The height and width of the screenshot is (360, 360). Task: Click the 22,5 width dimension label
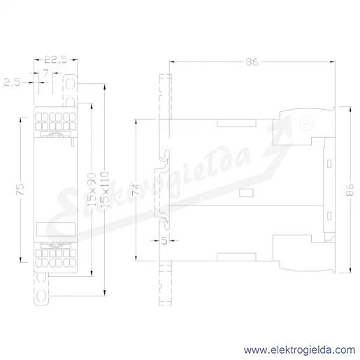pos(56,60)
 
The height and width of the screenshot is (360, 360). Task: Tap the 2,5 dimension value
pos(12,82)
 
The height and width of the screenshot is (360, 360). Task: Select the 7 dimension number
pos(45,73)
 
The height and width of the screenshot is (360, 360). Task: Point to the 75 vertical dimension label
pos(20,189)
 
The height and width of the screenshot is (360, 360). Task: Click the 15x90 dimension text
pos(92,189)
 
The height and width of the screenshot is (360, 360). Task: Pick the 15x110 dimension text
pos(105,189)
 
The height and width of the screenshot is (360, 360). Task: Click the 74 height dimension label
pos(136,189)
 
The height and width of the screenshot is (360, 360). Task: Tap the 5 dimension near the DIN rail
pos(164,240)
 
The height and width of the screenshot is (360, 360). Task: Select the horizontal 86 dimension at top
pos(252,62)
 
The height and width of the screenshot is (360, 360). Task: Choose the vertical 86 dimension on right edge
pos(350,189)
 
